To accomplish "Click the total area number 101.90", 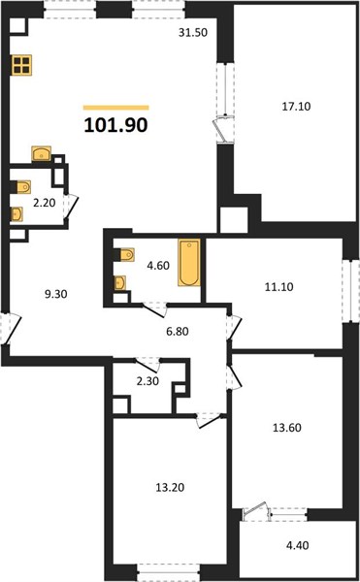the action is [x=115, y=125].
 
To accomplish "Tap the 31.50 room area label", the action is [x=193, y=33].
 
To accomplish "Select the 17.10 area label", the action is [x=296, y=107].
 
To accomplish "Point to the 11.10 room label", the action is [x=278, y=287].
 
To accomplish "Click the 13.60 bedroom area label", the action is [x=287, y=428].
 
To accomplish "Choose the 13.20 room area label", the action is [x=170, y=487].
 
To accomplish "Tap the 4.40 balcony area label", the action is [x=298, y=545].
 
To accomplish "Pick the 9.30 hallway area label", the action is [x=55, y=294].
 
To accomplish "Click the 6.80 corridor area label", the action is [x=178, y=331].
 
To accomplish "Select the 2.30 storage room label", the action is [x=147, y=381].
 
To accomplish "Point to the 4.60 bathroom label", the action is [x=158, y=266].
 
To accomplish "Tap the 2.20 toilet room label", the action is [x=45, y=203].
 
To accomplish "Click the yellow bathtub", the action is [x=189, y=263].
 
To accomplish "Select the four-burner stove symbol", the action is [x=21, y=65].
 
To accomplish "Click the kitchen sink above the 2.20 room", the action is [x=41, y=153].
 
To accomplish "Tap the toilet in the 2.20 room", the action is [x=22, y=187].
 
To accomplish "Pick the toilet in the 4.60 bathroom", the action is [x=126, y=254].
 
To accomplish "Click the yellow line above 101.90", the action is [x=115, y=108].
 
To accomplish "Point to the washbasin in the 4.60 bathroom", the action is [x=119, y=283].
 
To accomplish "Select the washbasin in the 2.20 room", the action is [x=16, y=214].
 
